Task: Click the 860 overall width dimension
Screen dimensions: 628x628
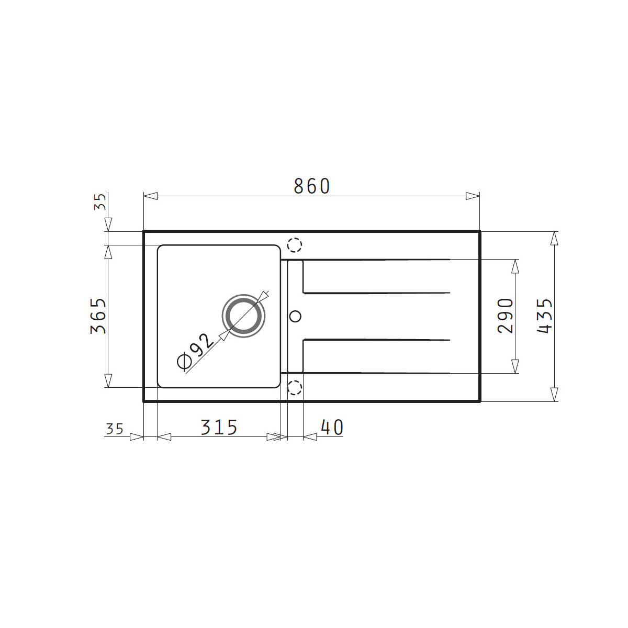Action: [312, 186]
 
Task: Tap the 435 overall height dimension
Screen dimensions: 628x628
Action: [544, 316]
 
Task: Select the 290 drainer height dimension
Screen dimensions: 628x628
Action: [506, 316]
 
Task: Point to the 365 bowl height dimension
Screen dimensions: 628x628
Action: [98, 316]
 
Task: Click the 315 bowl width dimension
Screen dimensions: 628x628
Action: [219, 427]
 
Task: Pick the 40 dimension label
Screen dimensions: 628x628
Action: [332, 427]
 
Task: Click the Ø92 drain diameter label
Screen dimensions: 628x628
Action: [195, 352]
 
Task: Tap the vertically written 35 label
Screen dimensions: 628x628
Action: [100, 201]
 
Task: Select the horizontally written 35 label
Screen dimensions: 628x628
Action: [115, 429]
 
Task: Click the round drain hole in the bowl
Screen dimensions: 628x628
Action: [243, 316]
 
